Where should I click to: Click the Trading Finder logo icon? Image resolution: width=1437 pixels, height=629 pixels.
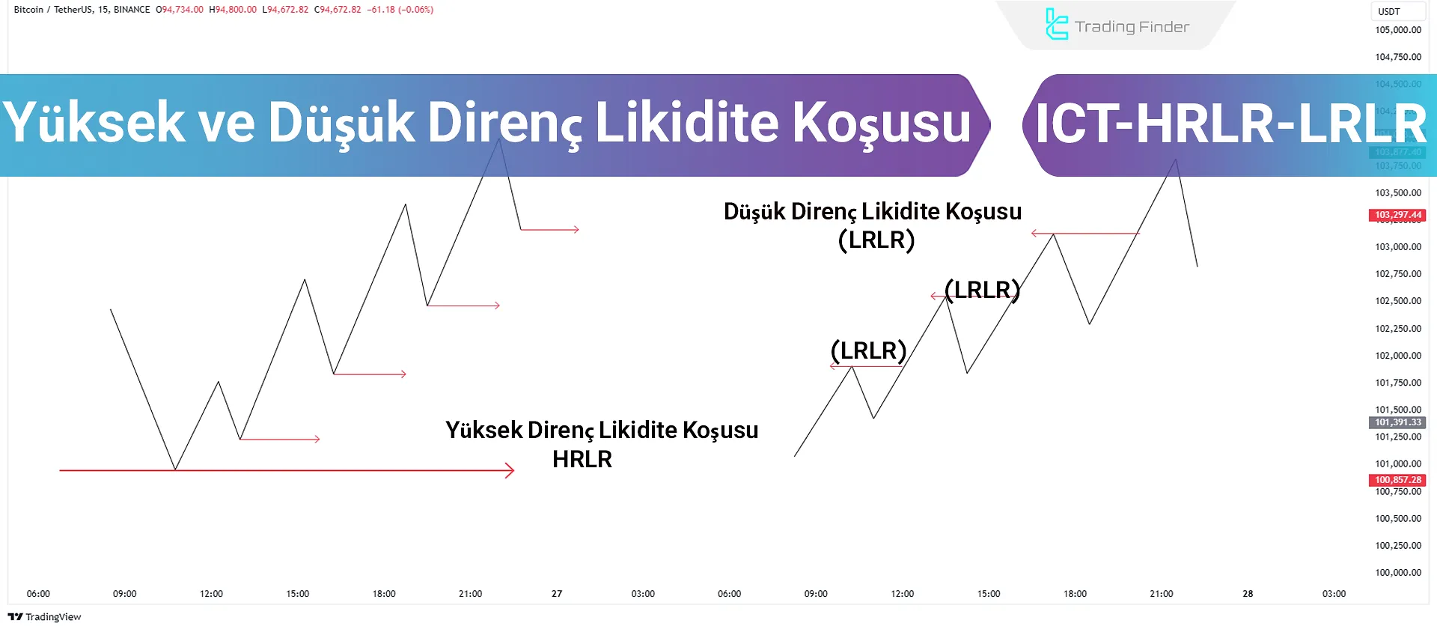tap(1056, 25)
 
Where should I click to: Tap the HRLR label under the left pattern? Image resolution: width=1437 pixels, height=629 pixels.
tap(582, 459)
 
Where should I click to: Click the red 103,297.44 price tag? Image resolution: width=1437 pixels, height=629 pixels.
tap(1397, 215)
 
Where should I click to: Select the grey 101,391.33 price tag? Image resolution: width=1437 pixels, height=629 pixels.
tap(1397, 422)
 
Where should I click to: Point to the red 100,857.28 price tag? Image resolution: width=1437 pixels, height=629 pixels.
tap(1397, 480)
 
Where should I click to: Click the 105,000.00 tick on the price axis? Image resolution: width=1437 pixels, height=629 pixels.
tap(1397, 30)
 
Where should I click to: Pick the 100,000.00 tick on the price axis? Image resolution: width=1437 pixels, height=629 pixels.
tap(1397, 573)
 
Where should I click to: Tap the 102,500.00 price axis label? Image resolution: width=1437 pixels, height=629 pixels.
tap(1397, 301)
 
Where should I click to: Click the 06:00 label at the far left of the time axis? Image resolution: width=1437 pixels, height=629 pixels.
tap(38, 594)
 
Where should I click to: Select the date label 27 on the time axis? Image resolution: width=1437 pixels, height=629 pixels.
tap(557, 594)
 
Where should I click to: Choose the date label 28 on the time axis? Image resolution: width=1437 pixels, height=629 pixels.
tap(1248, 594)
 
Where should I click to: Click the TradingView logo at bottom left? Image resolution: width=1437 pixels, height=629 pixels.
tap(44, 617)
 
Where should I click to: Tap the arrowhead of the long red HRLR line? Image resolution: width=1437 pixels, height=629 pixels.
tap(511, 470)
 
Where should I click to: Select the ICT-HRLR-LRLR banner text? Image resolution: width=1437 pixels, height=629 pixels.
tap(1230, 124)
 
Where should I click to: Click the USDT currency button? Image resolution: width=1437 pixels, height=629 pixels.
tap(1389, 11)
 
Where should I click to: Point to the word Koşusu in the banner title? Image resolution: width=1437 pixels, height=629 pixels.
tap(881, 123)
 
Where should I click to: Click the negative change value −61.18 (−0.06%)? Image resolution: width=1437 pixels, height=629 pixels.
tap(400, 10)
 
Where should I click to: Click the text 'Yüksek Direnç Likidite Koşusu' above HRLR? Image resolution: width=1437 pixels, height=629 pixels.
tap(602, 430)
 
